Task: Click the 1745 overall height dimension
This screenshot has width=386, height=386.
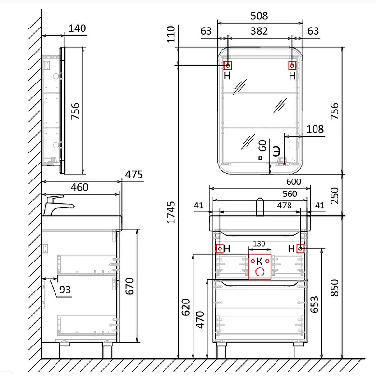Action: point(171,212)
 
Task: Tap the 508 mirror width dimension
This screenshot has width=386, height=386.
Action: point(259,16)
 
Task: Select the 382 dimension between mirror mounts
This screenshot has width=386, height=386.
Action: point(259,31)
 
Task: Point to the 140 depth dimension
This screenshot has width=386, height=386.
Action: point(77,28)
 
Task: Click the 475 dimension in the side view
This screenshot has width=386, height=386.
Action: point(134,175)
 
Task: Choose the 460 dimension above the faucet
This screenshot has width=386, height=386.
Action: point(80,187)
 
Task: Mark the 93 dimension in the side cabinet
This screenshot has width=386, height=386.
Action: point(65,290)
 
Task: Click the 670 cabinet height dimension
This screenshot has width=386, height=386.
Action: point(129,286)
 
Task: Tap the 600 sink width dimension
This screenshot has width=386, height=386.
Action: point(293,182)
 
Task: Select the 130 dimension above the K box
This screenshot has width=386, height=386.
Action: point(259,244)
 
